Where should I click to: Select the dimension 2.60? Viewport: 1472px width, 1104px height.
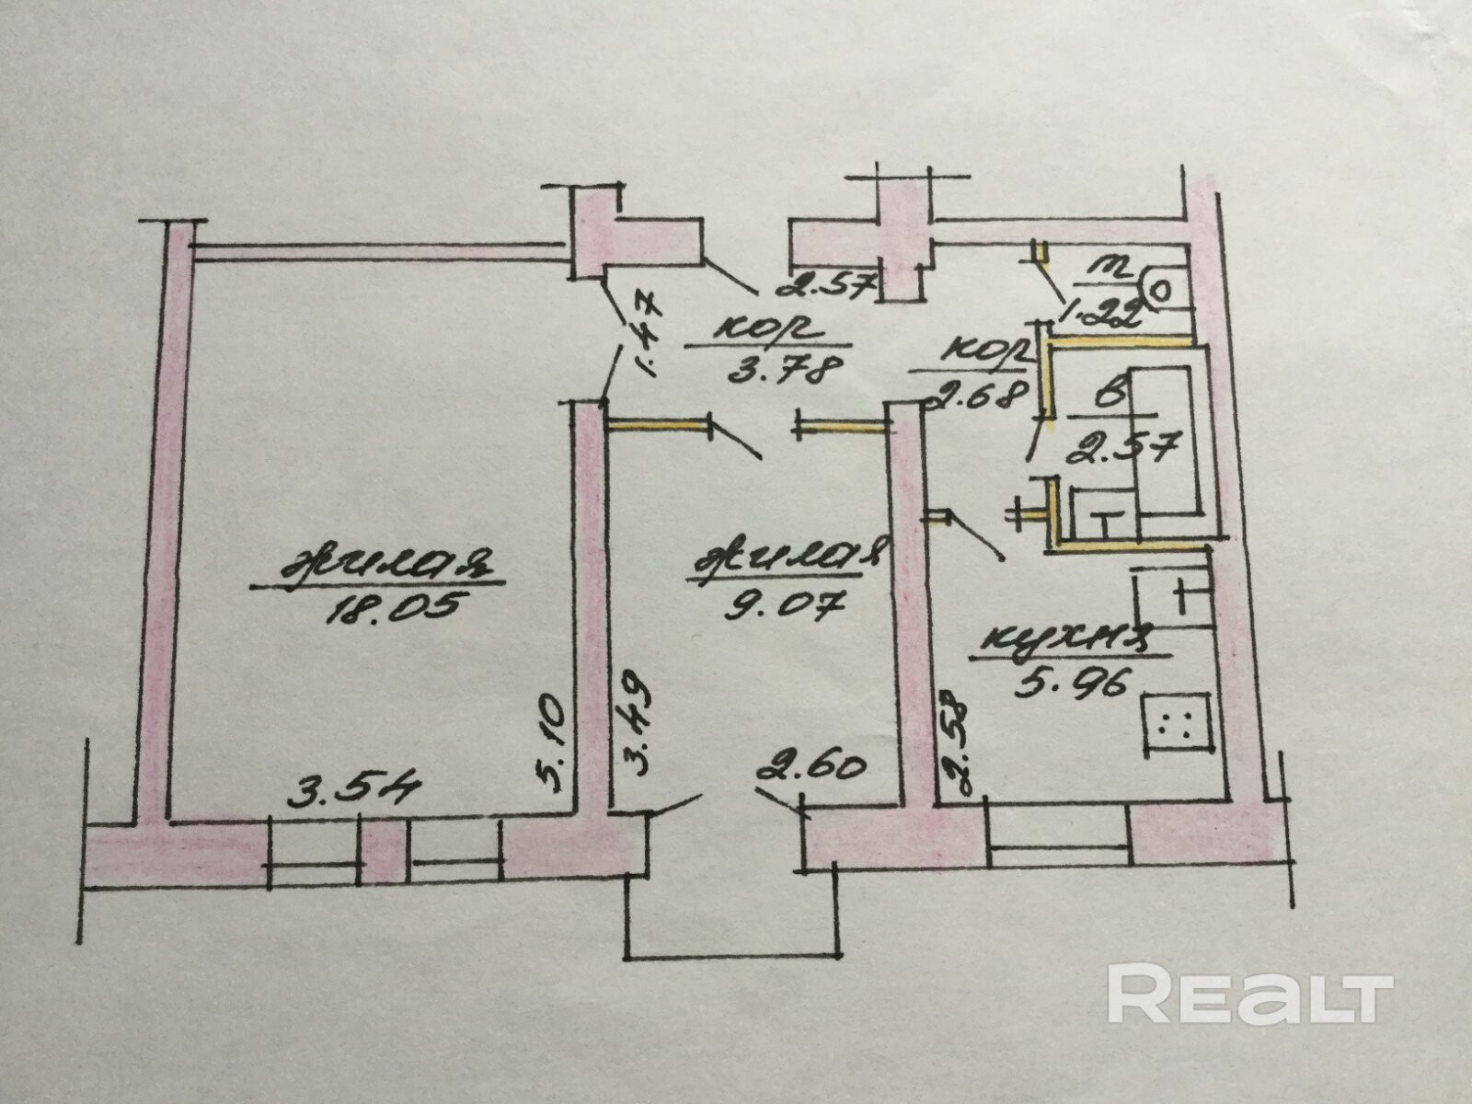click(x=810, y=766)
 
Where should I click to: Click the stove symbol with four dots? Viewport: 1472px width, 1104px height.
click(x=1175, y=723)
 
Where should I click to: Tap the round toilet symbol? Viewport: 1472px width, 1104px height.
click(x=1162, y=290)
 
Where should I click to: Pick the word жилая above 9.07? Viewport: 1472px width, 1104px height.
click(x=787, y=560)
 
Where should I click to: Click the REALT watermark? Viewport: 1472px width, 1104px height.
click(x=1249, y=994)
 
